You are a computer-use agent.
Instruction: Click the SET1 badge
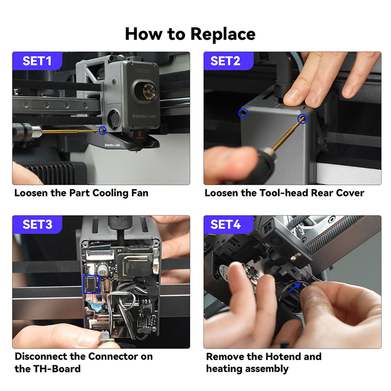coord(37,61)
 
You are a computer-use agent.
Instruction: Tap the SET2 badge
coord(228,61)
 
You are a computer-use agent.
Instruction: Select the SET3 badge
coord(37,224)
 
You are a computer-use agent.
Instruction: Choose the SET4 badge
coord(228,224)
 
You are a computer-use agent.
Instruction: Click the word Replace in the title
coord(223,34)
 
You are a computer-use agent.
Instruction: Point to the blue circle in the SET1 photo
coord(103,131)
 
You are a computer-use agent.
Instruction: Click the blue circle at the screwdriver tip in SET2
coord(303,119)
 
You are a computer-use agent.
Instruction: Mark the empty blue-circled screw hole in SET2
coord(243,113)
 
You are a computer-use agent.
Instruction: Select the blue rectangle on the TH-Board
coord(91,285)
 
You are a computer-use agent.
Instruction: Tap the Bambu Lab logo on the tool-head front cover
coord(144,116)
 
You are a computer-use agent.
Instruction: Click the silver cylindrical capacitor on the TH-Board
coord(102,270)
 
